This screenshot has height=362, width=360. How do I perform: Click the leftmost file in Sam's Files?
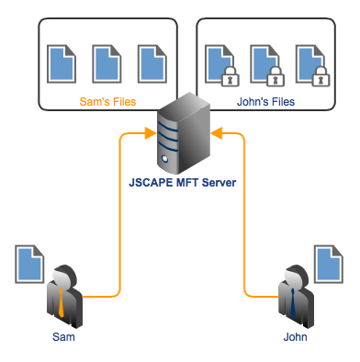tap(61, 62)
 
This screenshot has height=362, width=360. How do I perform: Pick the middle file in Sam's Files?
tap(106, 62)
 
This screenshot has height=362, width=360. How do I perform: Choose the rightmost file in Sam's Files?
tap(151, 62)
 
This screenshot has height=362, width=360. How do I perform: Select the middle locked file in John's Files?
tap(264, 62)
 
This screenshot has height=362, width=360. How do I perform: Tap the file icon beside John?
tap(329, 264)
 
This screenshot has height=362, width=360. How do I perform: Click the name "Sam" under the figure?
tap(62, 338)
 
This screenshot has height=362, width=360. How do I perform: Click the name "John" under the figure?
tap(295, 338)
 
